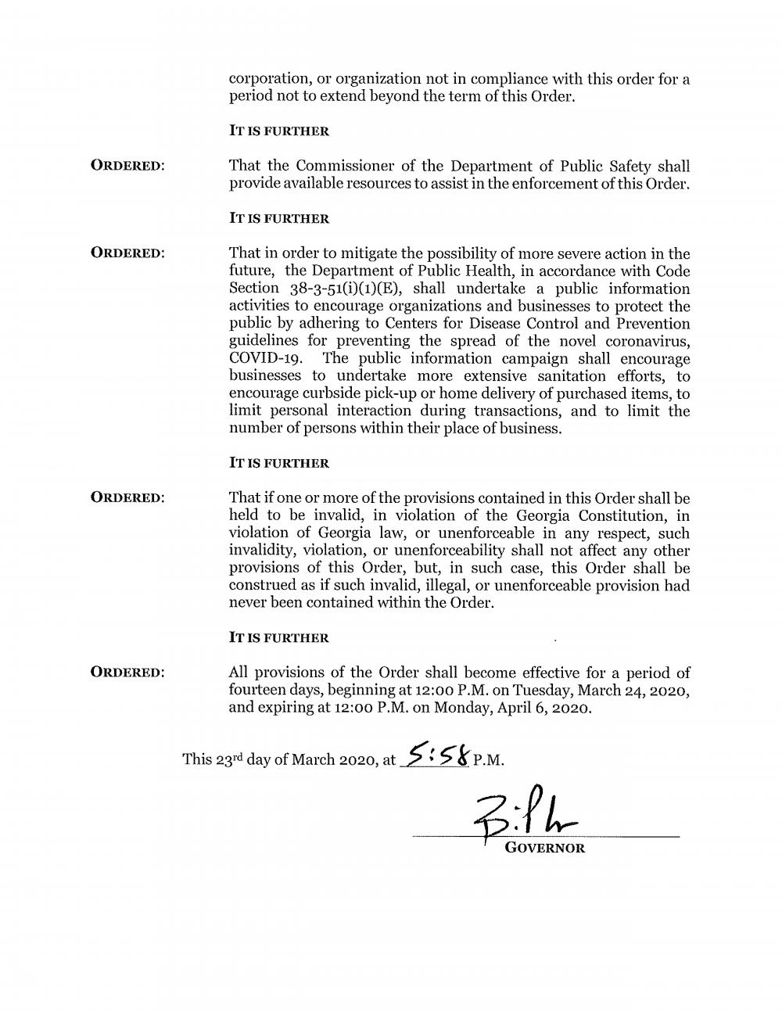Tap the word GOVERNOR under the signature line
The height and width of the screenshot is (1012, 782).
pyautogui.click(x=545, y=848)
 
